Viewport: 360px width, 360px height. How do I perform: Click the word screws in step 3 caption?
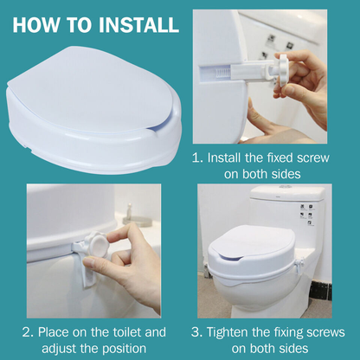[325, 332]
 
